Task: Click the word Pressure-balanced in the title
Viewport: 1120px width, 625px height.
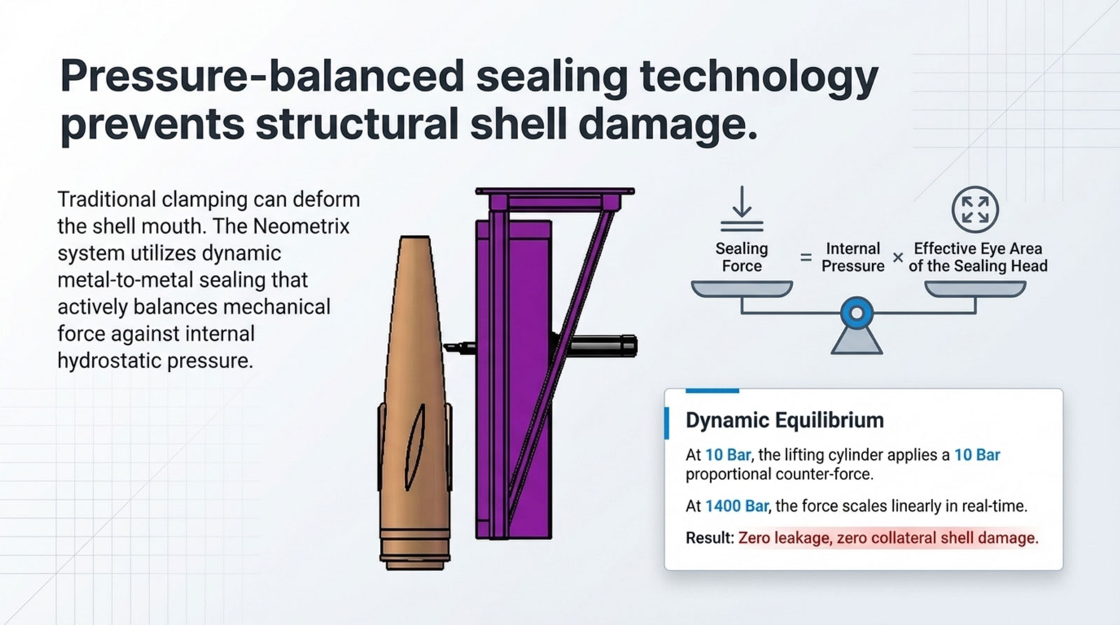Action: (x=262, y=76)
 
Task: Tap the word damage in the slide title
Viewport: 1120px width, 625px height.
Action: (x=668, y=123)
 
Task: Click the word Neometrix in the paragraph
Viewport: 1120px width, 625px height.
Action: (x=301, y=227)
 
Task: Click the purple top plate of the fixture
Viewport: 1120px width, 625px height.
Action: (x=555, y=191)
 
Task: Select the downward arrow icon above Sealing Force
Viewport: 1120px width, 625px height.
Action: (x=742, y=209)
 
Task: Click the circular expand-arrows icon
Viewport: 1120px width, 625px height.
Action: (x=975, y=209)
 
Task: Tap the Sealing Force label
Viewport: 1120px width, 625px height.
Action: (x=741, y=257)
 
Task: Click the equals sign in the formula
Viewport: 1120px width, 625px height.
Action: (x=806, y=258)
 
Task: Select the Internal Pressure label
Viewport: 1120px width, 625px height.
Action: (x=853, y=257)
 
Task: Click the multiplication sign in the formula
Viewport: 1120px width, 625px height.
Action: (x=898, y=258)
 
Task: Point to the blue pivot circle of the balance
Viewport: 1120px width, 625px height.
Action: (x=857, y=314)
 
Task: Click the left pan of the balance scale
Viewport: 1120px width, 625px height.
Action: (x=742, y=288)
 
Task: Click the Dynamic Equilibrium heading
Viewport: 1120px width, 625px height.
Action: (x=785, y=420)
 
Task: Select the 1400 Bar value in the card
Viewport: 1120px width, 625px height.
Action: (x=736, y=506)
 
